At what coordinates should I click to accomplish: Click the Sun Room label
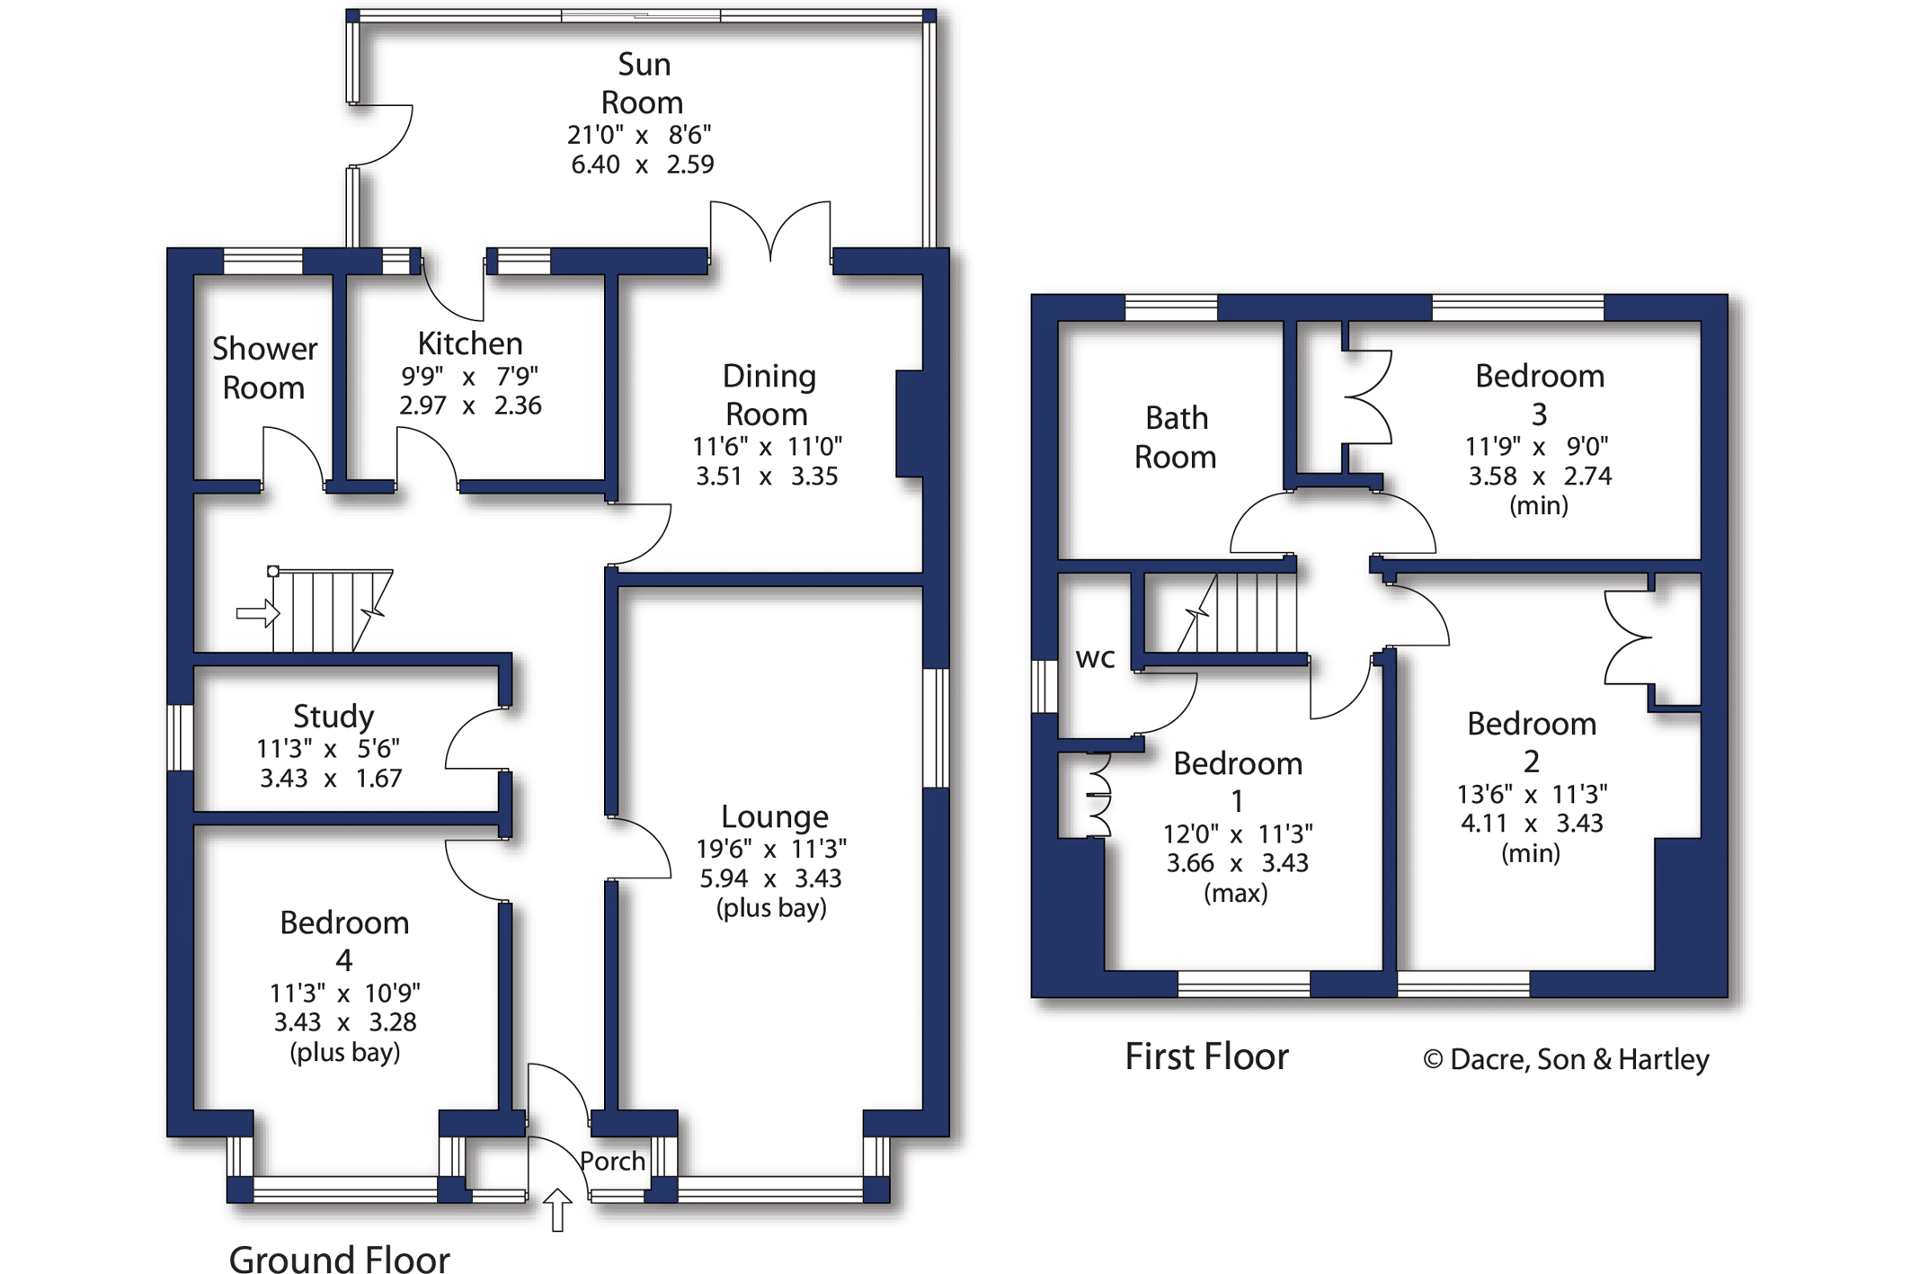click(x=643, y=83)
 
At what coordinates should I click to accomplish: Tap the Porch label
click(x=612, y=1161)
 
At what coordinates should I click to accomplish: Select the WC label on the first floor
click(x=1095, y=658)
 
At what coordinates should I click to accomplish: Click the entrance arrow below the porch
click(x=557, y=1209)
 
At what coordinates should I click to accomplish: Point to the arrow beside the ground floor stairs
click(x=258, y=613)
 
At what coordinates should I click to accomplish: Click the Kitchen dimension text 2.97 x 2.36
click(x=470, y=405)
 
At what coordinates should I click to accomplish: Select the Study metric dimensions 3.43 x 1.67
click(x=330, y=779)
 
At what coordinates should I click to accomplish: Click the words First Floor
click(x=1206, y=1056)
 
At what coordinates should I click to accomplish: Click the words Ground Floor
click(x=339, y=1259)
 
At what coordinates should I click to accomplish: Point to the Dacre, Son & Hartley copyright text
click(x=1565, y=1059)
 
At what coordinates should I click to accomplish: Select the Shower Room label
click(x=264, y=368)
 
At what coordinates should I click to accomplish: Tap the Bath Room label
click(x=1176, y=437)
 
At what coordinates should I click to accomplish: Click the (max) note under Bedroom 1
click(x=1236, y=893)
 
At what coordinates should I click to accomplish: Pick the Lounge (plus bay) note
click(x=771, y=908)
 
